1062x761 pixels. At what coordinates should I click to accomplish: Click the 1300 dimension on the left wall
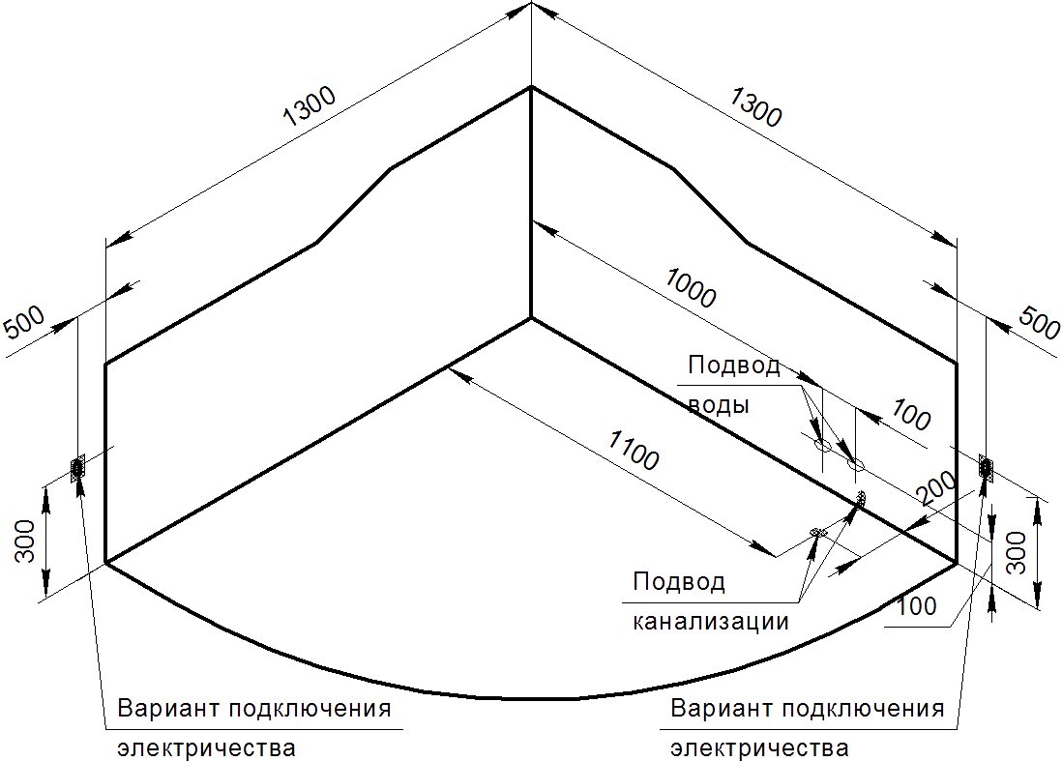310,107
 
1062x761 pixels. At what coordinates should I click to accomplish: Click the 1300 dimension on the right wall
755,107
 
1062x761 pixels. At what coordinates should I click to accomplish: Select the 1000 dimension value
691,288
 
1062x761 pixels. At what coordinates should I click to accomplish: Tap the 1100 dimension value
634,451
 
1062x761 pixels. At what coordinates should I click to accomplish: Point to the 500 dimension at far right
1039,323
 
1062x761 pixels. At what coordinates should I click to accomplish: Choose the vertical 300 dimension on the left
26,541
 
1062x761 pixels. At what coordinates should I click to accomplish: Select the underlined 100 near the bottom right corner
918,606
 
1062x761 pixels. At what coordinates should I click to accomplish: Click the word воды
719,405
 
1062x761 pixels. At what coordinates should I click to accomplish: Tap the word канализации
711,621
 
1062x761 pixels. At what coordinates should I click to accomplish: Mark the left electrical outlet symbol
77,468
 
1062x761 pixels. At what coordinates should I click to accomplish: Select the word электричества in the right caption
759,748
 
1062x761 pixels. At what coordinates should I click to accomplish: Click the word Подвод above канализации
679,581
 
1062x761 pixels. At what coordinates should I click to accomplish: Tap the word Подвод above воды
734,366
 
